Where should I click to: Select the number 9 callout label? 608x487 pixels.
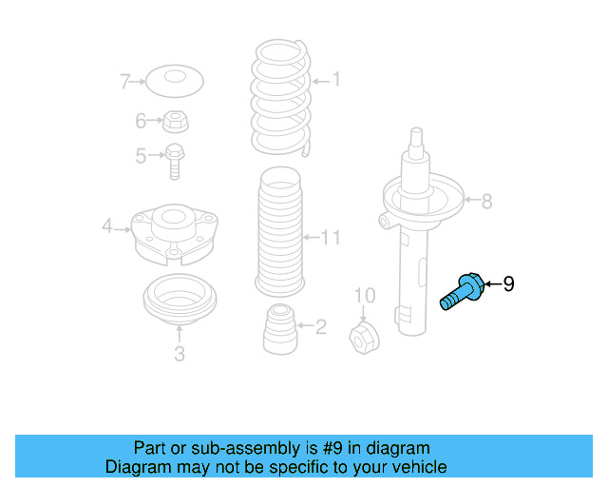pyautogui.click(x=508, y=283)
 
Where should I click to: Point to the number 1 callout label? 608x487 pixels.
pyautogui.click(x=335, y=81)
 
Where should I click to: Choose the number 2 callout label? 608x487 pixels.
pyautogui.click(x=320, y=327)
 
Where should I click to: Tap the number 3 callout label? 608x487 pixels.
pyautogui.click(x=179, y=355)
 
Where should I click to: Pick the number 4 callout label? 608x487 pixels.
pyautogui.click(x=107, y=225)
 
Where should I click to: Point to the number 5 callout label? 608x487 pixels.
pyautogui.click(x=141, y=155)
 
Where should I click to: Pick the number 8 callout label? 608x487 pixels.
pyautogui.click(x=486, y=201)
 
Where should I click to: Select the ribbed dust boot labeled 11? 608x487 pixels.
pyautogui.click(x=279, y=233)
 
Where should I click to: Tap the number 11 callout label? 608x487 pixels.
pyautogui.click(x=329, y=237)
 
